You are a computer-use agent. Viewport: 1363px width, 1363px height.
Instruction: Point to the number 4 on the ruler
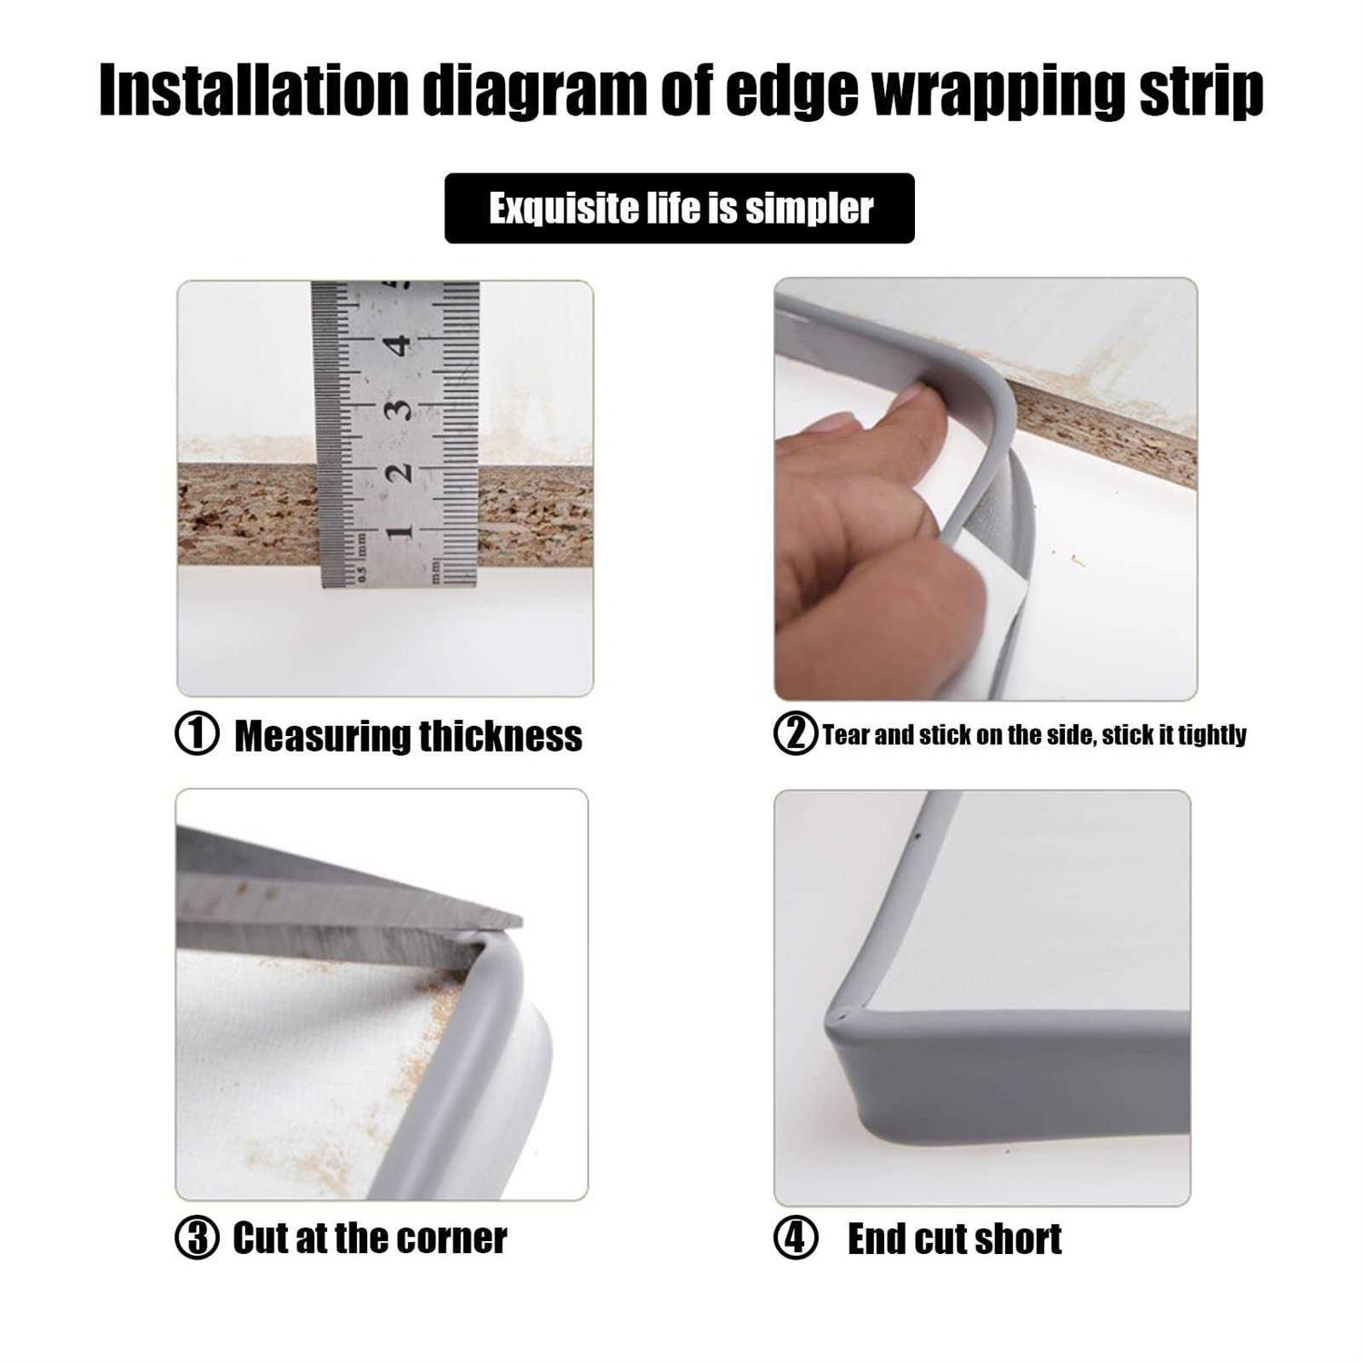click(x=396, y=345)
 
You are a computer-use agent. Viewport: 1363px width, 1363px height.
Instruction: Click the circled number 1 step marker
click(x=196, y=734)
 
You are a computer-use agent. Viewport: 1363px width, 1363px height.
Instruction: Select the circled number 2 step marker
click(x=795, y=733)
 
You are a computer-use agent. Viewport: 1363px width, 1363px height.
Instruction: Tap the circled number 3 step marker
click(x=196, y=1239)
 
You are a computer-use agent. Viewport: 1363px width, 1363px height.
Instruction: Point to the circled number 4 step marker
click(x=796, y=1239)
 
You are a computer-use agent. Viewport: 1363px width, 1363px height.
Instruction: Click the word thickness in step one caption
click(x=499, y=735)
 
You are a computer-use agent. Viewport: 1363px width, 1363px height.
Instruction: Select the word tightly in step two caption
click(x=1211, y=735)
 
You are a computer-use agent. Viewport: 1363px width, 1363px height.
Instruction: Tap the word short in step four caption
click(x=1020, y=1239)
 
